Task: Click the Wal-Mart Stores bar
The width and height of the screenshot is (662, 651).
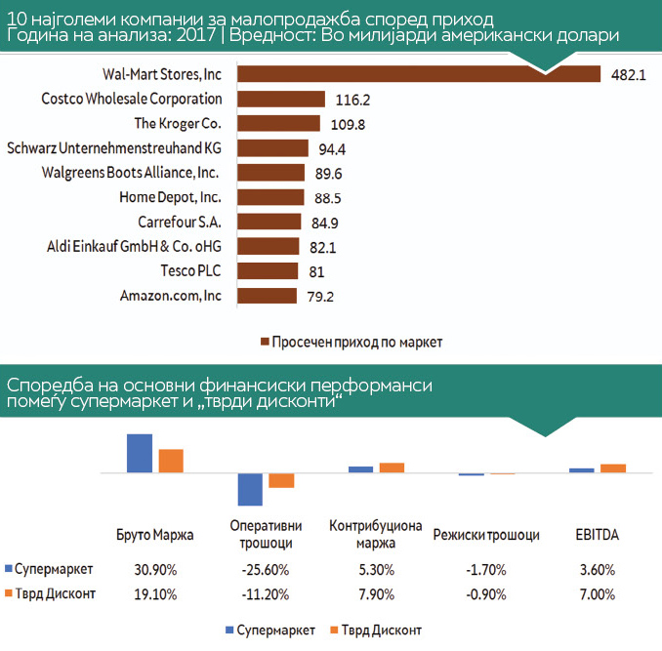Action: pyautogui.click(x=418, y=74)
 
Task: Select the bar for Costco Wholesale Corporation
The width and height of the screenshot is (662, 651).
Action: pyautogui.click(x=280, y=99)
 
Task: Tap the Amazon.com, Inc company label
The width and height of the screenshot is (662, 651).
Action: pyautogui.click(x=171, y=295)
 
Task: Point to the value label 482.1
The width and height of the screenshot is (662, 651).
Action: pyautogui.click(x=629, y=75)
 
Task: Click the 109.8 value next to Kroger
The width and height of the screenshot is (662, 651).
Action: pyautogui.click(x=347, y=124)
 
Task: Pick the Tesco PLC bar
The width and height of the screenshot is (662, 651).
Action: pyautogui.click(x=267, y=270)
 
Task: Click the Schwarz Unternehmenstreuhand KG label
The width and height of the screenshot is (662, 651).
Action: pyautogui.click(x=114, y=148)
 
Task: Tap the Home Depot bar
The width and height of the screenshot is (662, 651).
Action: pyautogui.click(x=269, y=197)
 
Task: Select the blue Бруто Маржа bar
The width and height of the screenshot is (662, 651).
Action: pyautogui.click(x=141, y=453)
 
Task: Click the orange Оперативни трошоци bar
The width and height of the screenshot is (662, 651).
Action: pyautogui.click(x=281, y=480)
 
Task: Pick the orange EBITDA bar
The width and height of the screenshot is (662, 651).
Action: pyautogui.click(x=612, y=468)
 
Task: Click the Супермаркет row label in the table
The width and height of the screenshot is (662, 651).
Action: pyautogui.click(x=55, y=569)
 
